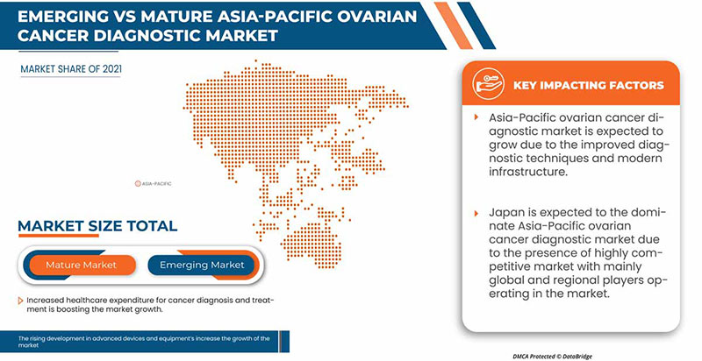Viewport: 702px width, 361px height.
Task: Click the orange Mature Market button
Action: pos(81,264)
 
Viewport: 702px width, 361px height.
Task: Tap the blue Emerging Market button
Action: pos(202,264)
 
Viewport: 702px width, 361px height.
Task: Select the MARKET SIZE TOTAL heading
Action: pos(97,226)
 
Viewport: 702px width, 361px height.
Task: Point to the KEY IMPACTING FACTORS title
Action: pos(587,85)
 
